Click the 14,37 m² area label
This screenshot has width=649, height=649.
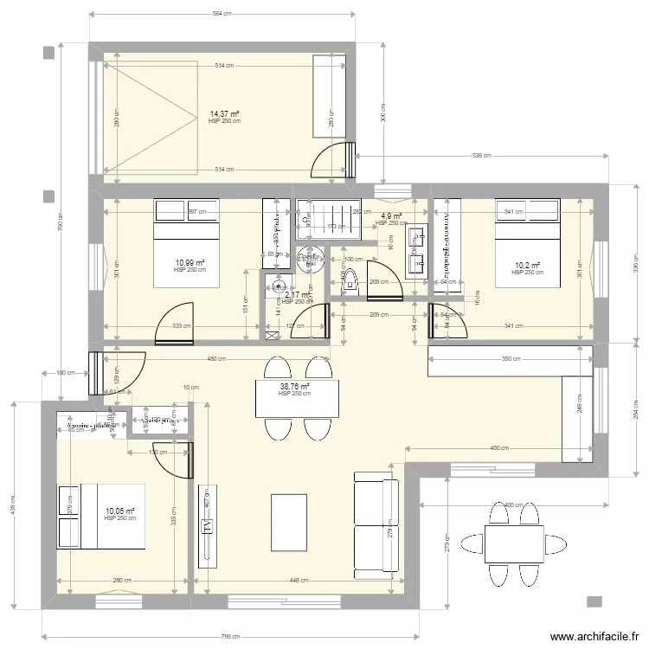point(224,113)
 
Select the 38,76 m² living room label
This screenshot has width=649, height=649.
point(293,388)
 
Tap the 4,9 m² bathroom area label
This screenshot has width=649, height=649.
point(391,216)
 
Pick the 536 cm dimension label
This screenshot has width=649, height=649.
point(482,157)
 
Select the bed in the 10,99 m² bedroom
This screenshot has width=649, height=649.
point(188,242)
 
